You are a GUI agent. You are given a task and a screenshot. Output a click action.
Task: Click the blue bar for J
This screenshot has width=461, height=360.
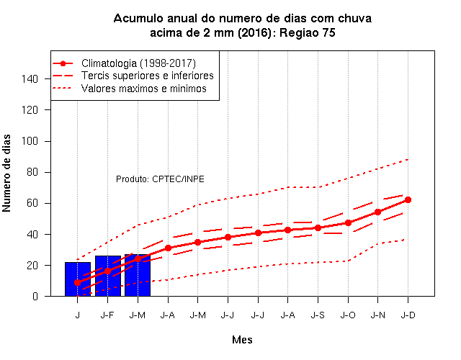(x=78, y=279)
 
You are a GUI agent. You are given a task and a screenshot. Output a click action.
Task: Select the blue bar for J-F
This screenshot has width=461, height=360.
(x=108, y=276)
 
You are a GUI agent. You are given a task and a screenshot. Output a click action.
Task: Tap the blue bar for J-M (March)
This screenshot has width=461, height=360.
(x=138, y=275)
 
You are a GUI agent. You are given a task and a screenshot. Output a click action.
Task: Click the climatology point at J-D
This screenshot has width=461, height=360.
(x=408, y=200)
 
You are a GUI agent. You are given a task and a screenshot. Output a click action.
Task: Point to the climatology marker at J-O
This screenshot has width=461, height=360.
(x=348, y=222)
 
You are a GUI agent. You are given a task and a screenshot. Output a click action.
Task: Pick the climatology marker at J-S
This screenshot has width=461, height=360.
(x=318, y=228)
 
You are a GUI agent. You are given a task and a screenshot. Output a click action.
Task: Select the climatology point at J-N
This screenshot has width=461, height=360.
(x=377, y=212)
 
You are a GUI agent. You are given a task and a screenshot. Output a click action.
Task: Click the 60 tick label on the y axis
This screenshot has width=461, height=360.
(x=32, y=203)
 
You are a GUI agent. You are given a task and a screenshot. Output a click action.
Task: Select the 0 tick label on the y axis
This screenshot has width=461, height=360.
(x=35, y=296)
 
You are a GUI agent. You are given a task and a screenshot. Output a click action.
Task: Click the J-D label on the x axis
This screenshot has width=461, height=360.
(x=408, y=315)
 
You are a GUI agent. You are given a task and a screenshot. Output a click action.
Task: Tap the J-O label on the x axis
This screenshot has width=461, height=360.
(x=348, y=315)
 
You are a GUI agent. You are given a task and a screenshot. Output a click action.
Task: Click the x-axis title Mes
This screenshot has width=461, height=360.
(x=242, y=340)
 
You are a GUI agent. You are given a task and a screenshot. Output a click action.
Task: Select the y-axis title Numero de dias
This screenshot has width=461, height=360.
(x=6, y=173)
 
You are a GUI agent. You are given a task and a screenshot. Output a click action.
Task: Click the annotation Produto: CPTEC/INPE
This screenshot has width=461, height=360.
(x=160, y=179)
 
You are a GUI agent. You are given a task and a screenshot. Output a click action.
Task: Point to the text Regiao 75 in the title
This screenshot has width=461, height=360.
(x=308, y=32)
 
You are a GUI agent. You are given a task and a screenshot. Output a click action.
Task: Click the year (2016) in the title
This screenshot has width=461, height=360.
(x=254, y=32)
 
